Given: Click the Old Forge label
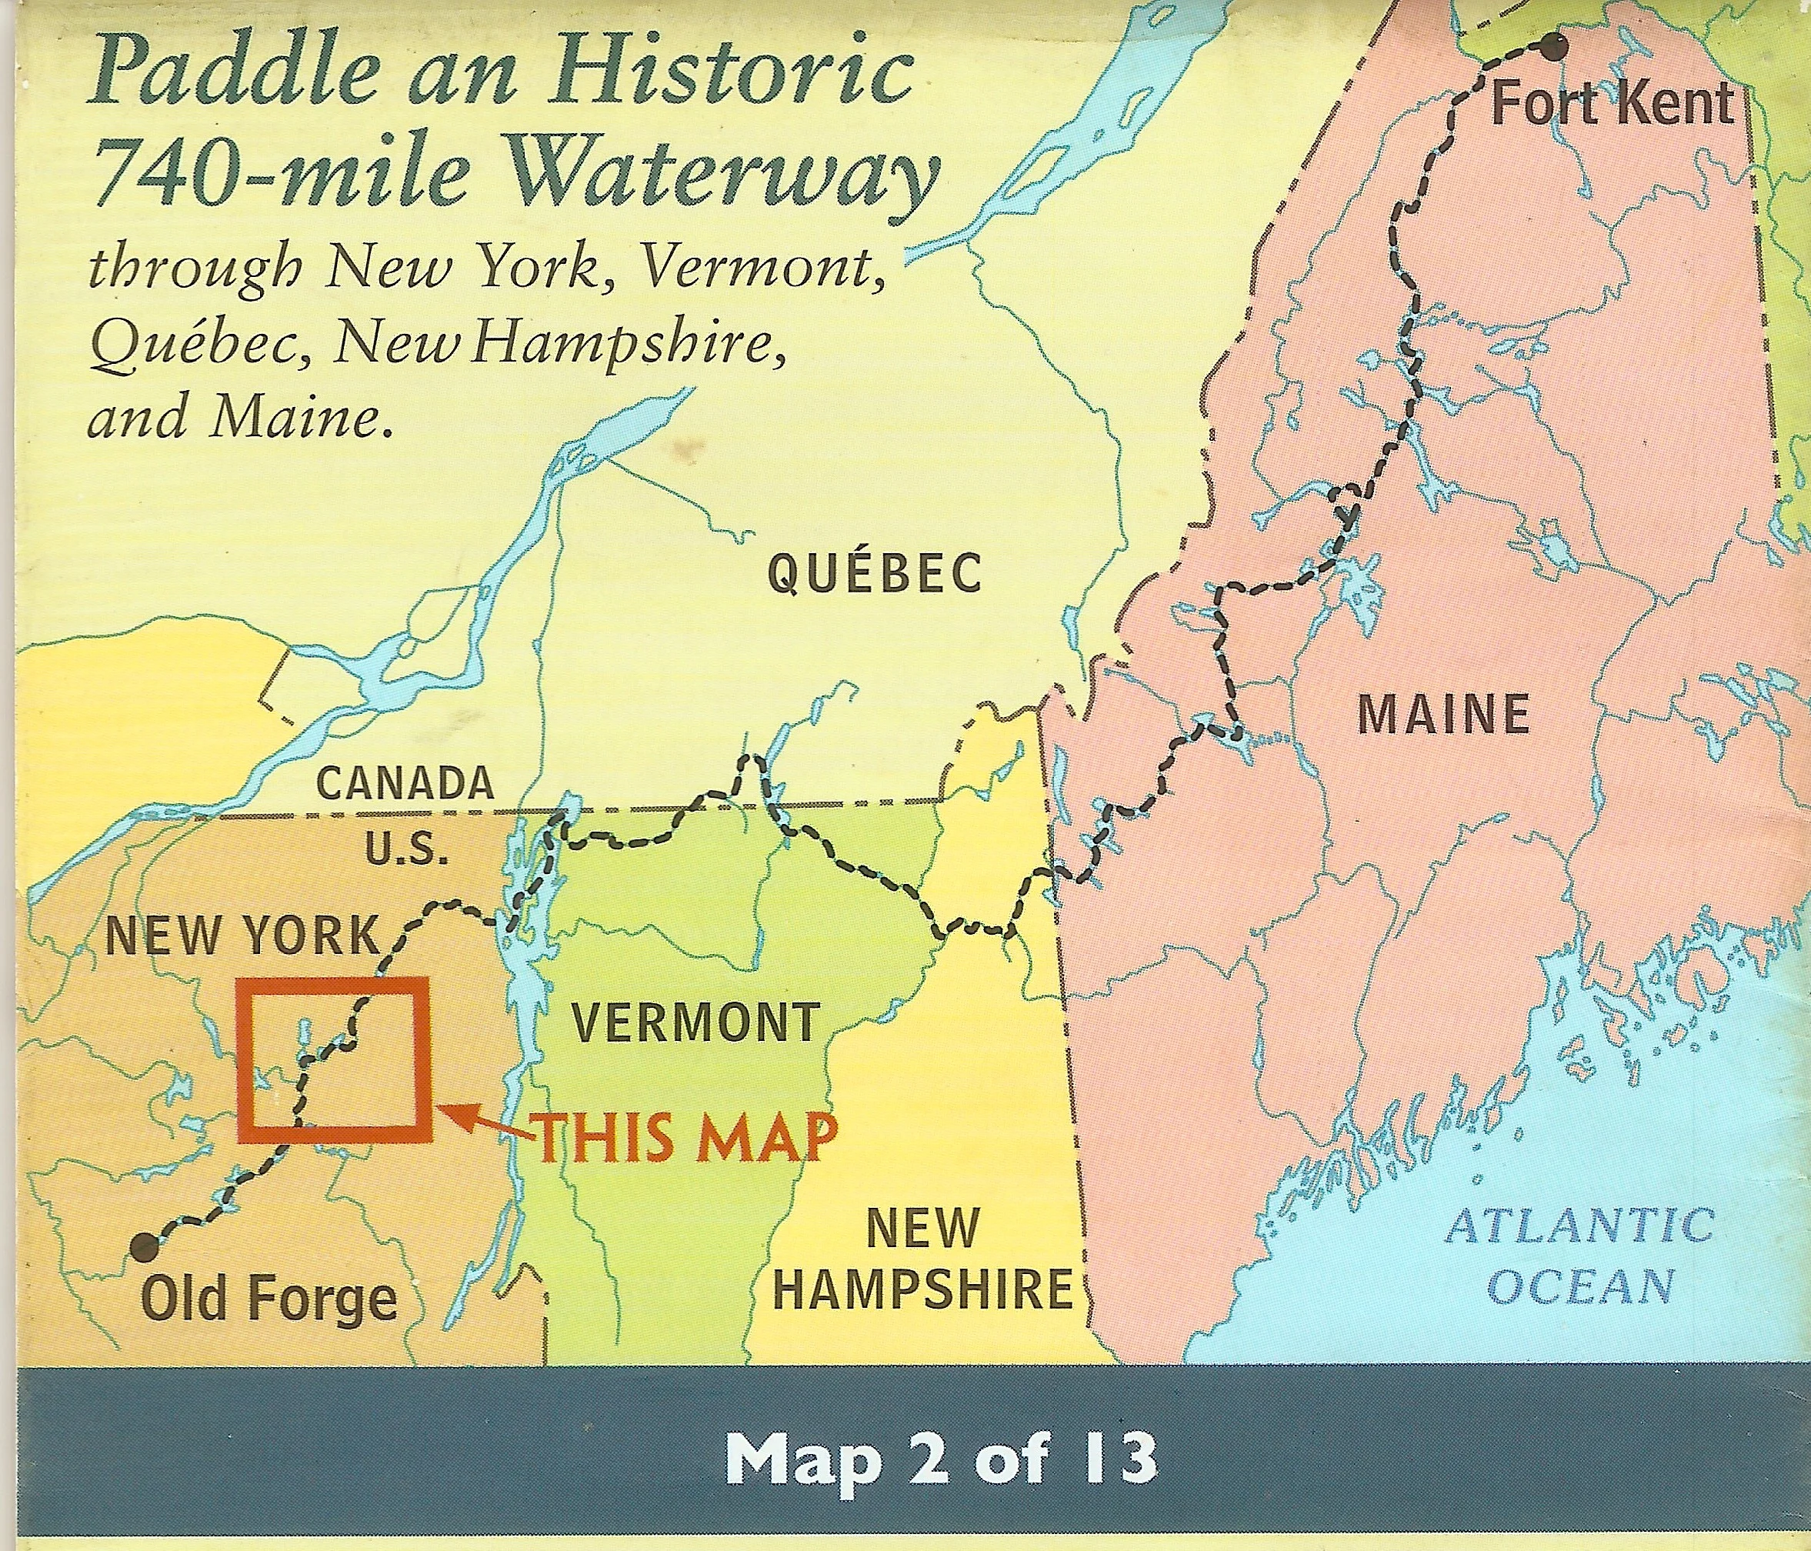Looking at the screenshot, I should coord(269,1299).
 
